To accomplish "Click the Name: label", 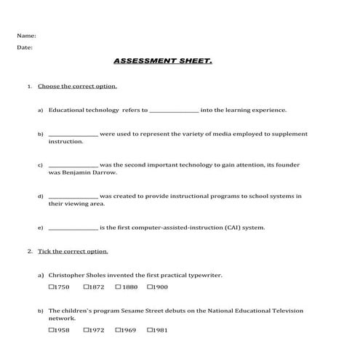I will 26,35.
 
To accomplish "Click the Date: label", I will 25,48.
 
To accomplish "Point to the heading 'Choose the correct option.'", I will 77,87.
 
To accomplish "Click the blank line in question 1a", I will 173,111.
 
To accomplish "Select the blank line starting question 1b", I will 73,135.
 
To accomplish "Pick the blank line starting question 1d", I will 73,197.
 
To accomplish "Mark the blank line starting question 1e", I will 73,228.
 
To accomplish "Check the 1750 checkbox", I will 52,287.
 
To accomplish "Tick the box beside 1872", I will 86,287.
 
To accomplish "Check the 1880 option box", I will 118,287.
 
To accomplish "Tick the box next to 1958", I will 52,330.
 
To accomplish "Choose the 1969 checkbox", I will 118,330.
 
